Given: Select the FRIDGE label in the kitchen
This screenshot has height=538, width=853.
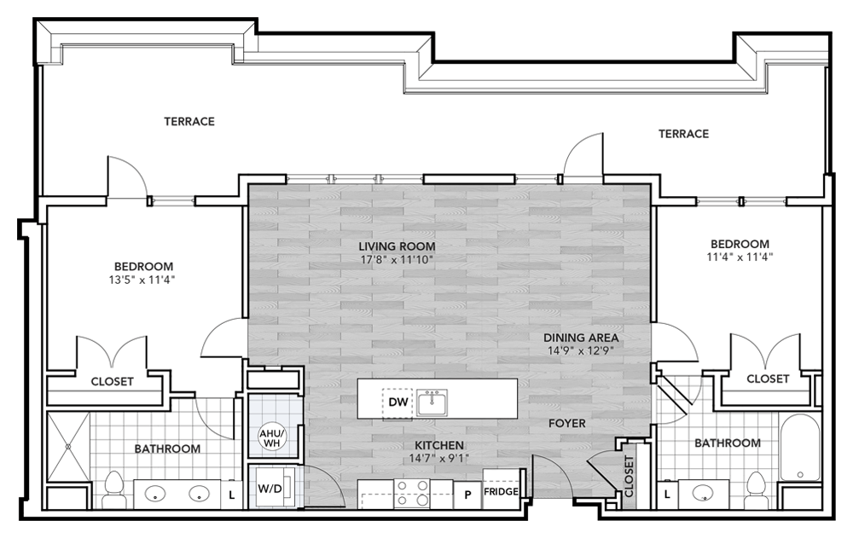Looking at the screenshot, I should (x=501, y=492).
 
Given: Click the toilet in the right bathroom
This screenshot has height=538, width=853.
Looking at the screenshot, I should (x=754, y=489).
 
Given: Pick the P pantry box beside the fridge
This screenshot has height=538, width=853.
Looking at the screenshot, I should (x=467, y=493).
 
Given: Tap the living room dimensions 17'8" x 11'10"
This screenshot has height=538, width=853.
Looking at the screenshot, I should (x=392, y=260).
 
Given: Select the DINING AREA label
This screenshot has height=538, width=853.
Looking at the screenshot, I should (x=583, y=337).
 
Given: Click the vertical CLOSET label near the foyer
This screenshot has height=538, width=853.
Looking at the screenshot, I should (x=630, y=478).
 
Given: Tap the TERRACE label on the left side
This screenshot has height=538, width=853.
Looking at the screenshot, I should (x=189, y=122).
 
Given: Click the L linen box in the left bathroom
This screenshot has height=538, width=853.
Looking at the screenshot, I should (x=232, y=493).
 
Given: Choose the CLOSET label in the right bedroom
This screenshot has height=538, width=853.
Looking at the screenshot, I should (x=768, y=379).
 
